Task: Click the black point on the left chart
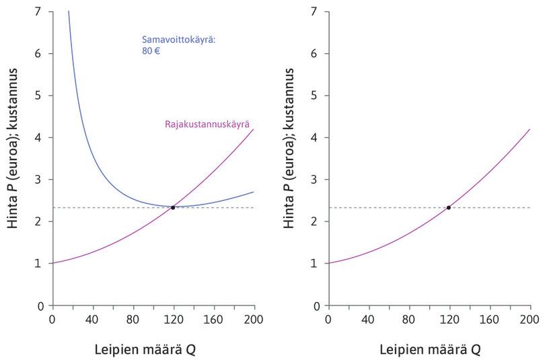173,207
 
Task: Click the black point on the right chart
449,207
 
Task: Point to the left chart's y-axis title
13,158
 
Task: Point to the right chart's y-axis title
289,158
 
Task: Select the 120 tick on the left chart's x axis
173,319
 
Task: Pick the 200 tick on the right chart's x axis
530,319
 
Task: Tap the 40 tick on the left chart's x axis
92,319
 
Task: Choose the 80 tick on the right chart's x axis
408,319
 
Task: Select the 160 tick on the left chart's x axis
213,319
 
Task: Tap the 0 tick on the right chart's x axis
328,319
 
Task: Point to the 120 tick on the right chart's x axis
449,319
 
